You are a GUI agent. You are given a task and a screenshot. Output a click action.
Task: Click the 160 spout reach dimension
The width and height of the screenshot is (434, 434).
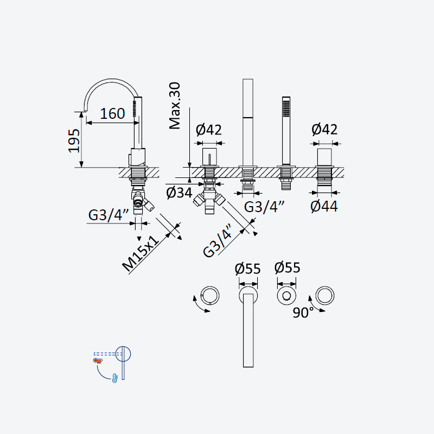click(112, 114)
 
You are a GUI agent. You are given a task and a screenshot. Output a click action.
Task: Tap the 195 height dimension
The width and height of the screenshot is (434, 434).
click(74, 141)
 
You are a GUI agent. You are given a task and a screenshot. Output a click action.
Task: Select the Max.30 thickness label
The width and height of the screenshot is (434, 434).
click(175, 106)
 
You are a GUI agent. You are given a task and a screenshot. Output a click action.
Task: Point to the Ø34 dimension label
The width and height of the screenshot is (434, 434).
click(179, 193)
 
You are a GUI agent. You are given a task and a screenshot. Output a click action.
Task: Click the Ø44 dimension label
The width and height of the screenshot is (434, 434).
click(324, 207)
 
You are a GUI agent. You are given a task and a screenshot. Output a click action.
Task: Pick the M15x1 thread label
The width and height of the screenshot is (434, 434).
click(141, 254)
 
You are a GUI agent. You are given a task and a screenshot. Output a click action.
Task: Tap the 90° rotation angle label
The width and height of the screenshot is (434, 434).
click(303, 313)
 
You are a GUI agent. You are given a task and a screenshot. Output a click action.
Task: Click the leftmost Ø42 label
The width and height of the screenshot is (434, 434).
click(209, 130)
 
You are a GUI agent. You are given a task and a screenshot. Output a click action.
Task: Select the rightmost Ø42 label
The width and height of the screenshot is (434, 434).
click(324, 130)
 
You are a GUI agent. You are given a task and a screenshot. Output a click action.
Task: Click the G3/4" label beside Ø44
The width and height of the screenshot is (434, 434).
click(264, 207)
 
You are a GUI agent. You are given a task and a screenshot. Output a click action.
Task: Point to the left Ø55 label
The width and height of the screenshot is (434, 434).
click(248, 269)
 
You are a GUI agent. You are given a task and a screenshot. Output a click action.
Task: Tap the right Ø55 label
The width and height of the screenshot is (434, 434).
click(288, 267)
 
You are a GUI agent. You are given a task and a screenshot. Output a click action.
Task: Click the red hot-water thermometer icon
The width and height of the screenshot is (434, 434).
click(98, 360)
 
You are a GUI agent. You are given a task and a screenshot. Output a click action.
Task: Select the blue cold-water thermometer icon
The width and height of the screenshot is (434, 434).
click(114, 378)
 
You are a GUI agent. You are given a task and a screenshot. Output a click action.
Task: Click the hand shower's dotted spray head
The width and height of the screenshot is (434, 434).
click(286, 108)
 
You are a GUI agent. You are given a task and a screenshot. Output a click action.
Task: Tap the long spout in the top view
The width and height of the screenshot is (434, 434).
click(248, 330)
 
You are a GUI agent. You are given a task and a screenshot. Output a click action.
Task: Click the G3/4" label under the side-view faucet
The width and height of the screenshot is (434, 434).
click(108, 215)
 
